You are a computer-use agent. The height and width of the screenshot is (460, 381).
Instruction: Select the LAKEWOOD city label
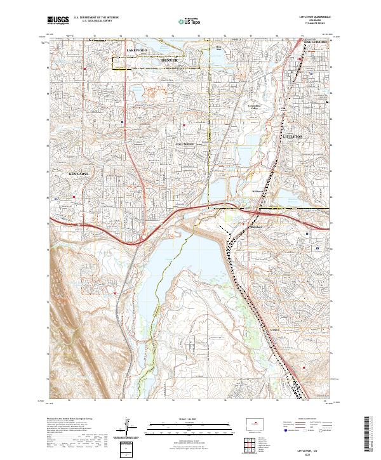point(137,49)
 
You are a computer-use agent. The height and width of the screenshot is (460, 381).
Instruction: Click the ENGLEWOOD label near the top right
point(314,42)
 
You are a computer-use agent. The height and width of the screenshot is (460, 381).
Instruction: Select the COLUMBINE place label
point(189,145)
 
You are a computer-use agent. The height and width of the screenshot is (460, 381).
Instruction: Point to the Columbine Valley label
point(255,107)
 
